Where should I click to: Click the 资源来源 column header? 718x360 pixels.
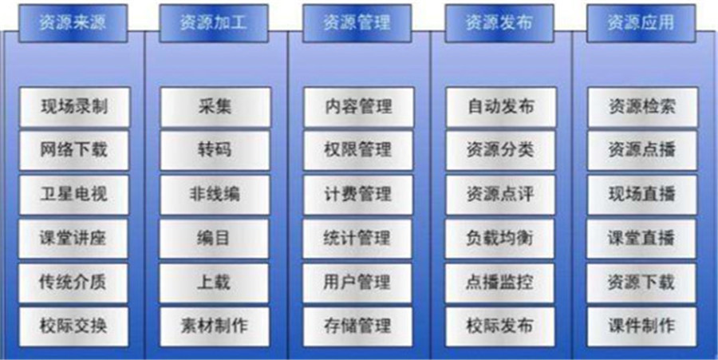tap(73, 23)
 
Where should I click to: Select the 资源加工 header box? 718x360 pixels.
tap(214, 23)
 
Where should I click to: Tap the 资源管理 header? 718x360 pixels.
tap(357, 23)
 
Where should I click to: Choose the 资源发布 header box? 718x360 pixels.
tap(499, 23)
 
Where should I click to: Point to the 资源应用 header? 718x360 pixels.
tap(641, 23)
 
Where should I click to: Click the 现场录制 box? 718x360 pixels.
tap(75, 107)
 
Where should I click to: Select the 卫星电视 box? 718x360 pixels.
tap(74, 195)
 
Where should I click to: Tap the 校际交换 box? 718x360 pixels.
tap(73, 326)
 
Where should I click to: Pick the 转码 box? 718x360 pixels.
tap(215, 151)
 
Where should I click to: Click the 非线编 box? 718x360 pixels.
tap(215, 195)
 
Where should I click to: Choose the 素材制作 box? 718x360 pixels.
tap(215, 326)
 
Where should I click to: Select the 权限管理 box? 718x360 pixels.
tap(358, 151)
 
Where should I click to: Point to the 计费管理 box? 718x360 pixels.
tap(358, 195)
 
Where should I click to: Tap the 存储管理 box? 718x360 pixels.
tap(357, 326)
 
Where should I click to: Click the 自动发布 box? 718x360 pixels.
tap(502, 107)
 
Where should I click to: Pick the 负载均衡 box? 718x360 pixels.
tap(500, 239)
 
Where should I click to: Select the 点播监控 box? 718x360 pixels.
tap(499, 283)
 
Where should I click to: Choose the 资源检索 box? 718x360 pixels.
tap(643, 107)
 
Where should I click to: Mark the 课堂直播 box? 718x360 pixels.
tap(641, 239)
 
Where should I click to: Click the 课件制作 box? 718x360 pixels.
tap(641, 326)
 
